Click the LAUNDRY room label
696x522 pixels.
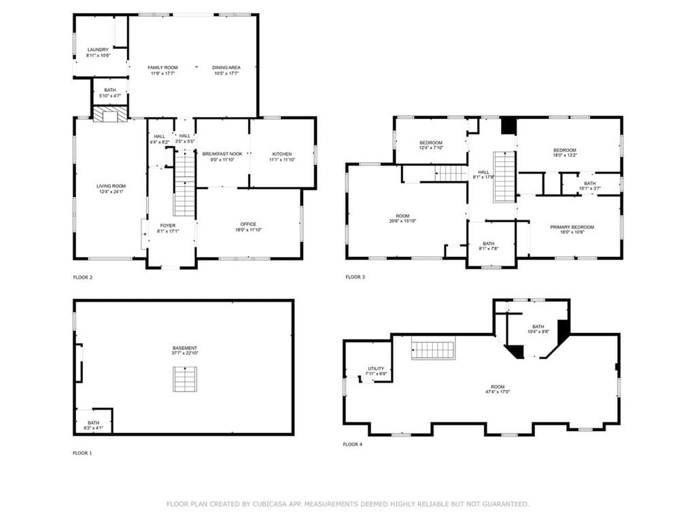click(98, 50)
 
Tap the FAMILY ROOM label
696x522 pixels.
click(162, 67)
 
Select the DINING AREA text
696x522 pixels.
click(226, 67)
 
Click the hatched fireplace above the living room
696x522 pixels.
click(110, 114)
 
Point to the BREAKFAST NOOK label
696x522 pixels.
click(222, 154)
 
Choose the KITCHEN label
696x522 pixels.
click(282, 154)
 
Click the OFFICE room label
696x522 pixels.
click(248, 224)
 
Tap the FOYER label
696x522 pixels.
click(168, 226)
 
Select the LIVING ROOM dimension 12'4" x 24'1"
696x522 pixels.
click(111, 192)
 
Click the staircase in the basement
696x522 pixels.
click(185, 379)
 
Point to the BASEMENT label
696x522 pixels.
click(185, 348)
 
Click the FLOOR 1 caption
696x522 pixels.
click(82, 453)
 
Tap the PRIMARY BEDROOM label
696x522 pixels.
click(572, 227)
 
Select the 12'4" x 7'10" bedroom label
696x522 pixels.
click(431, 147)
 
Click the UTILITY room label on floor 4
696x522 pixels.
click(376, 369)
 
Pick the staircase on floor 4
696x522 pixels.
click(433, 347)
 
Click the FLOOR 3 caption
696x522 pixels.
click(355, 277)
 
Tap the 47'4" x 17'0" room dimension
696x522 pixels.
click(498, 392)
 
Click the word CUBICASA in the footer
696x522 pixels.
click(269, 504)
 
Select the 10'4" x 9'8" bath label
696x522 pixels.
click(538, 332)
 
